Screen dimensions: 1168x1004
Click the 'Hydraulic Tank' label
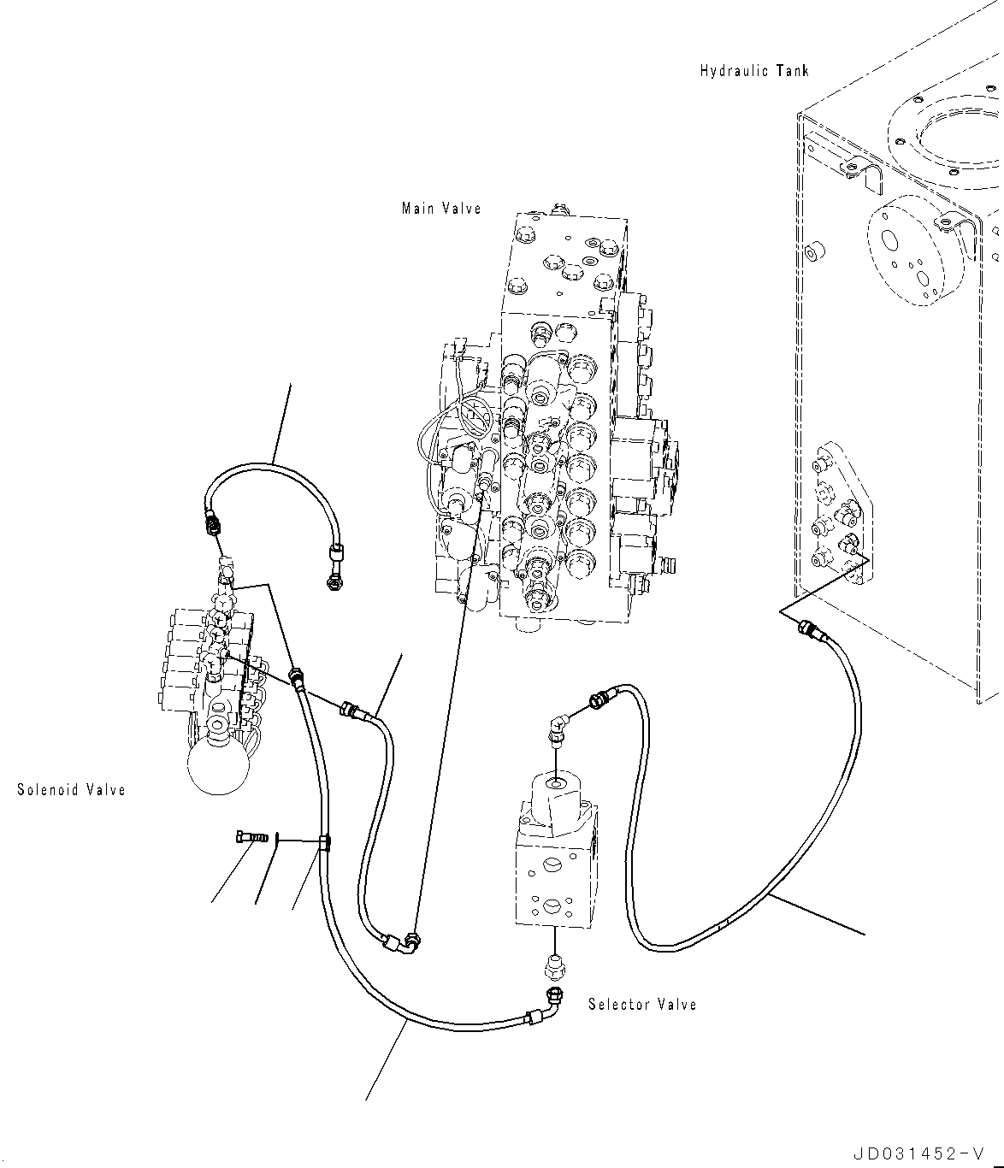coord(753,71)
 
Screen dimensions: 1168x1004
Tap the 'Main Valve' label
coord(441,209)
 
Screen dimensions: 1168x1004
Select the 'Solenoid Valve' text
coord(71,790)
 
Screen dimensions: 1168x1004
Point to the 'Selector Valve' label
coord(642,1005)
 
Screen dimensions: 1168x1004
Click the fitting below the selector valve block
coord(554,967)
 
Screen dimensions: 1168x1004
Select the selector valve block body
coord(555,864)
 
